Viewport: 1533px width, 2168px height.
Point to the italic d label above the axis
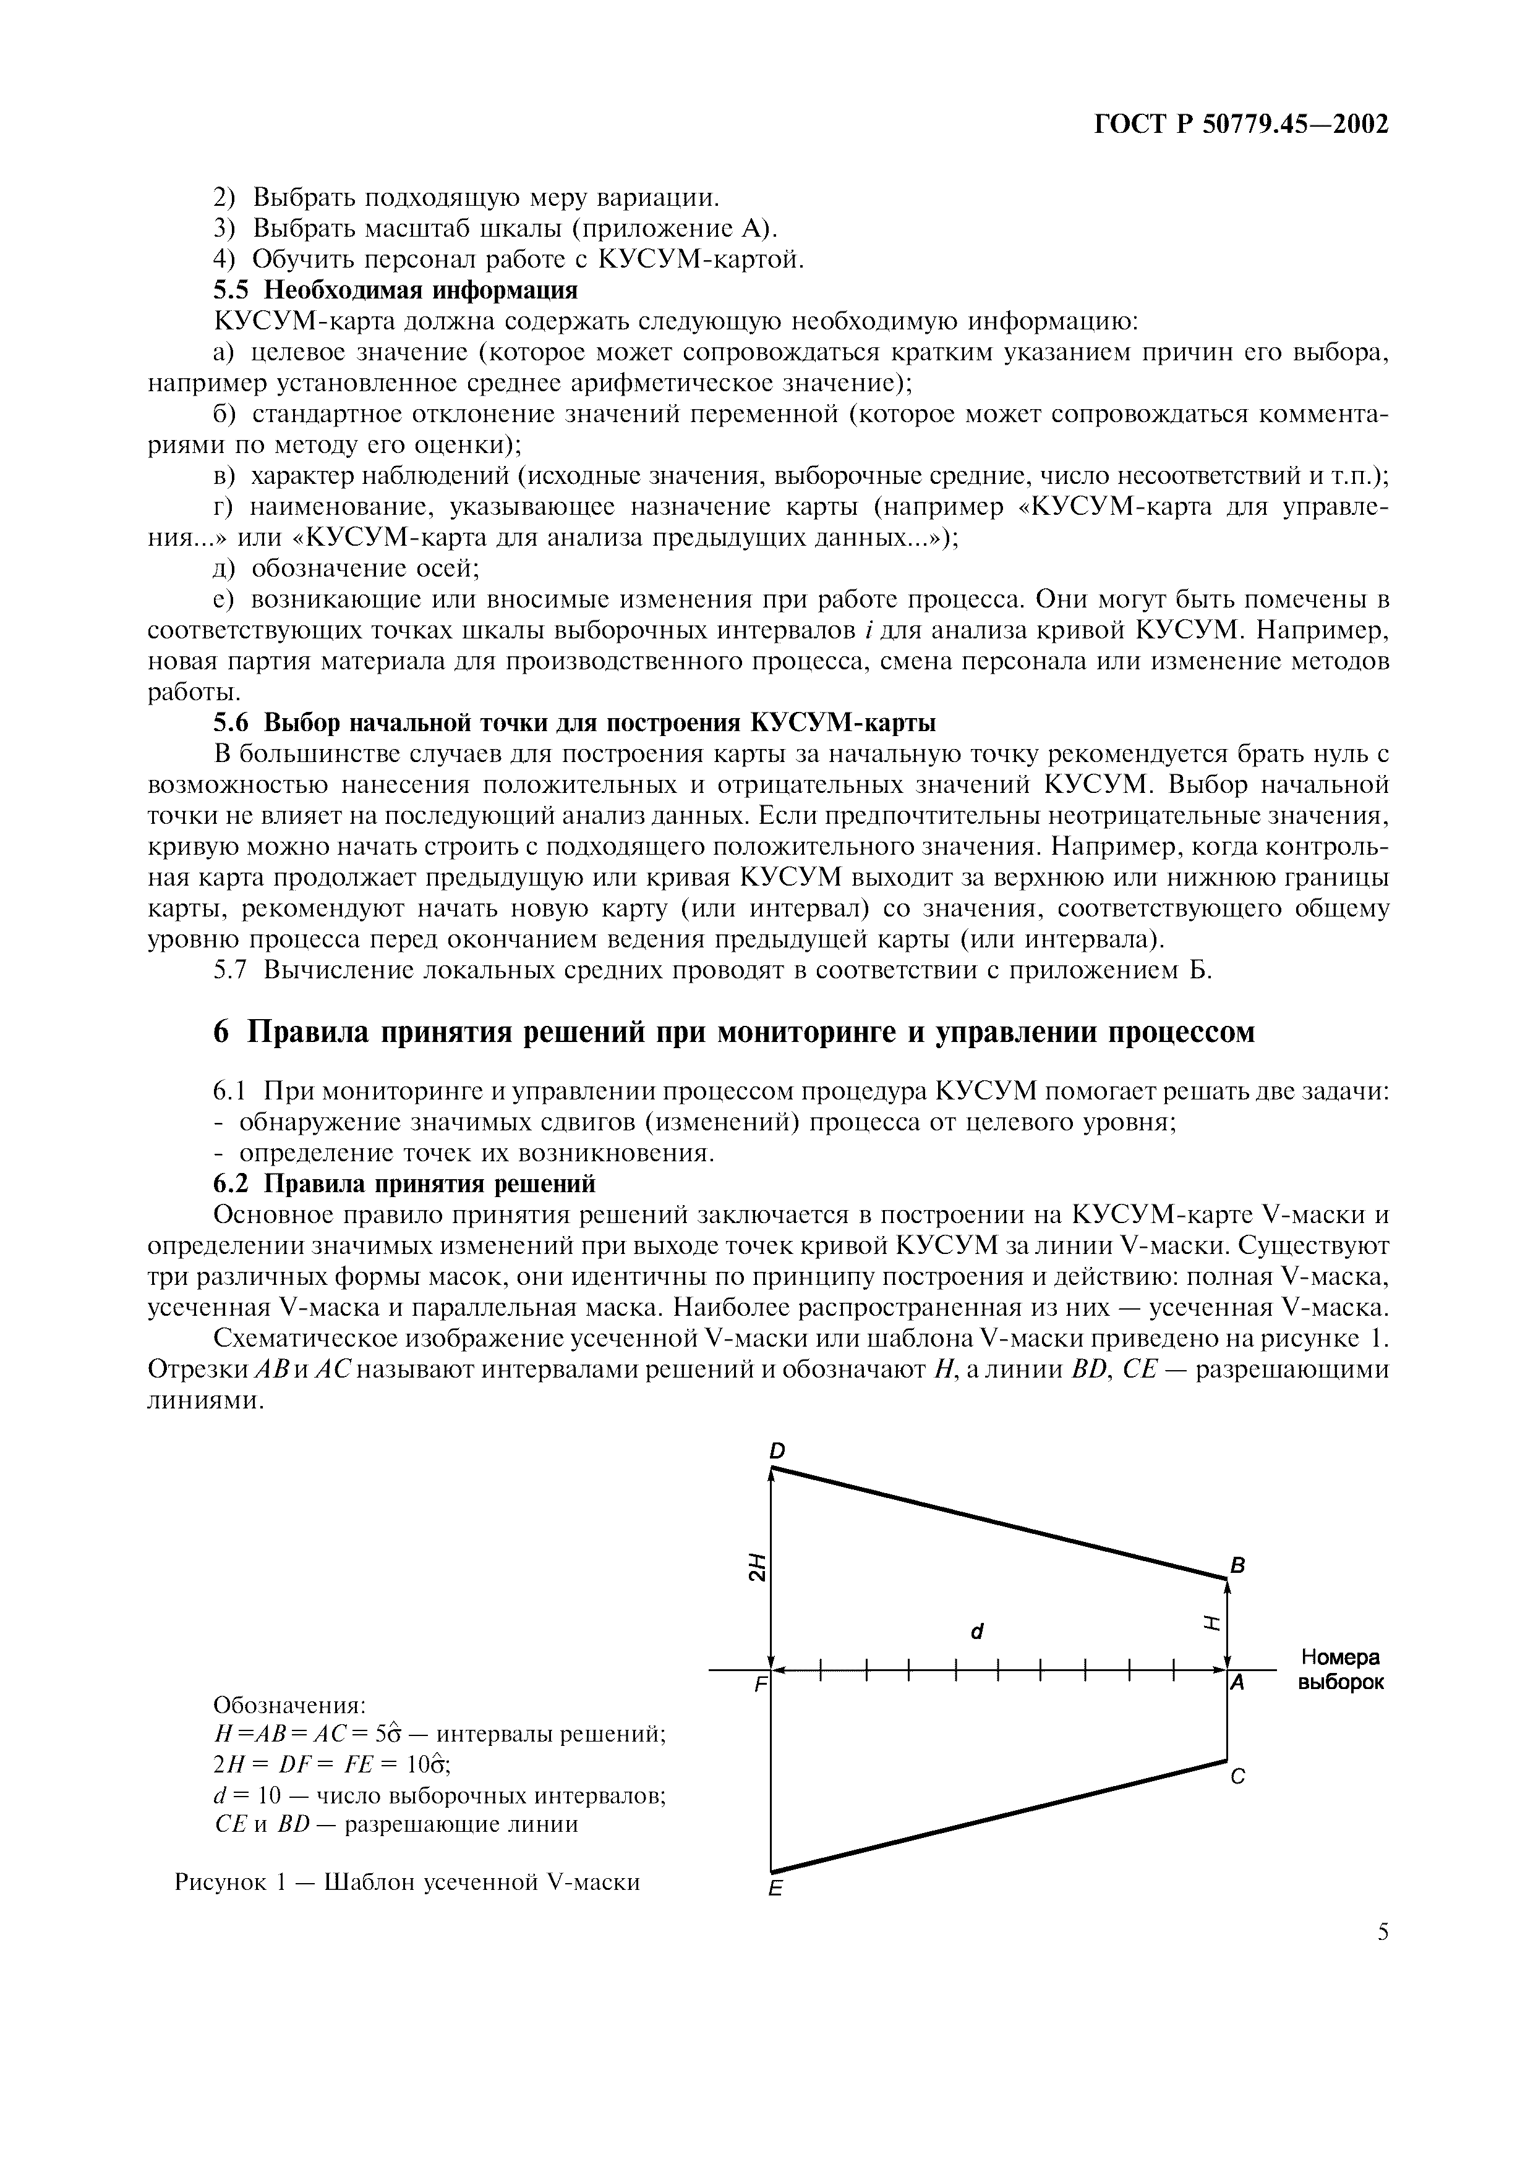[978, 1631]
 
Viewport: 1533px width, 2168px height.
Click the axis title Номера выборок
[1340, 1669]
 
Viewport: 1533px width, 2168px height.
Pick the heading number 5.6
[231, 723]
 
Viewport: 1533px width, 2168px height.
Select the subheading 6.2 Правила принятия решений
[404, 1184]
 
